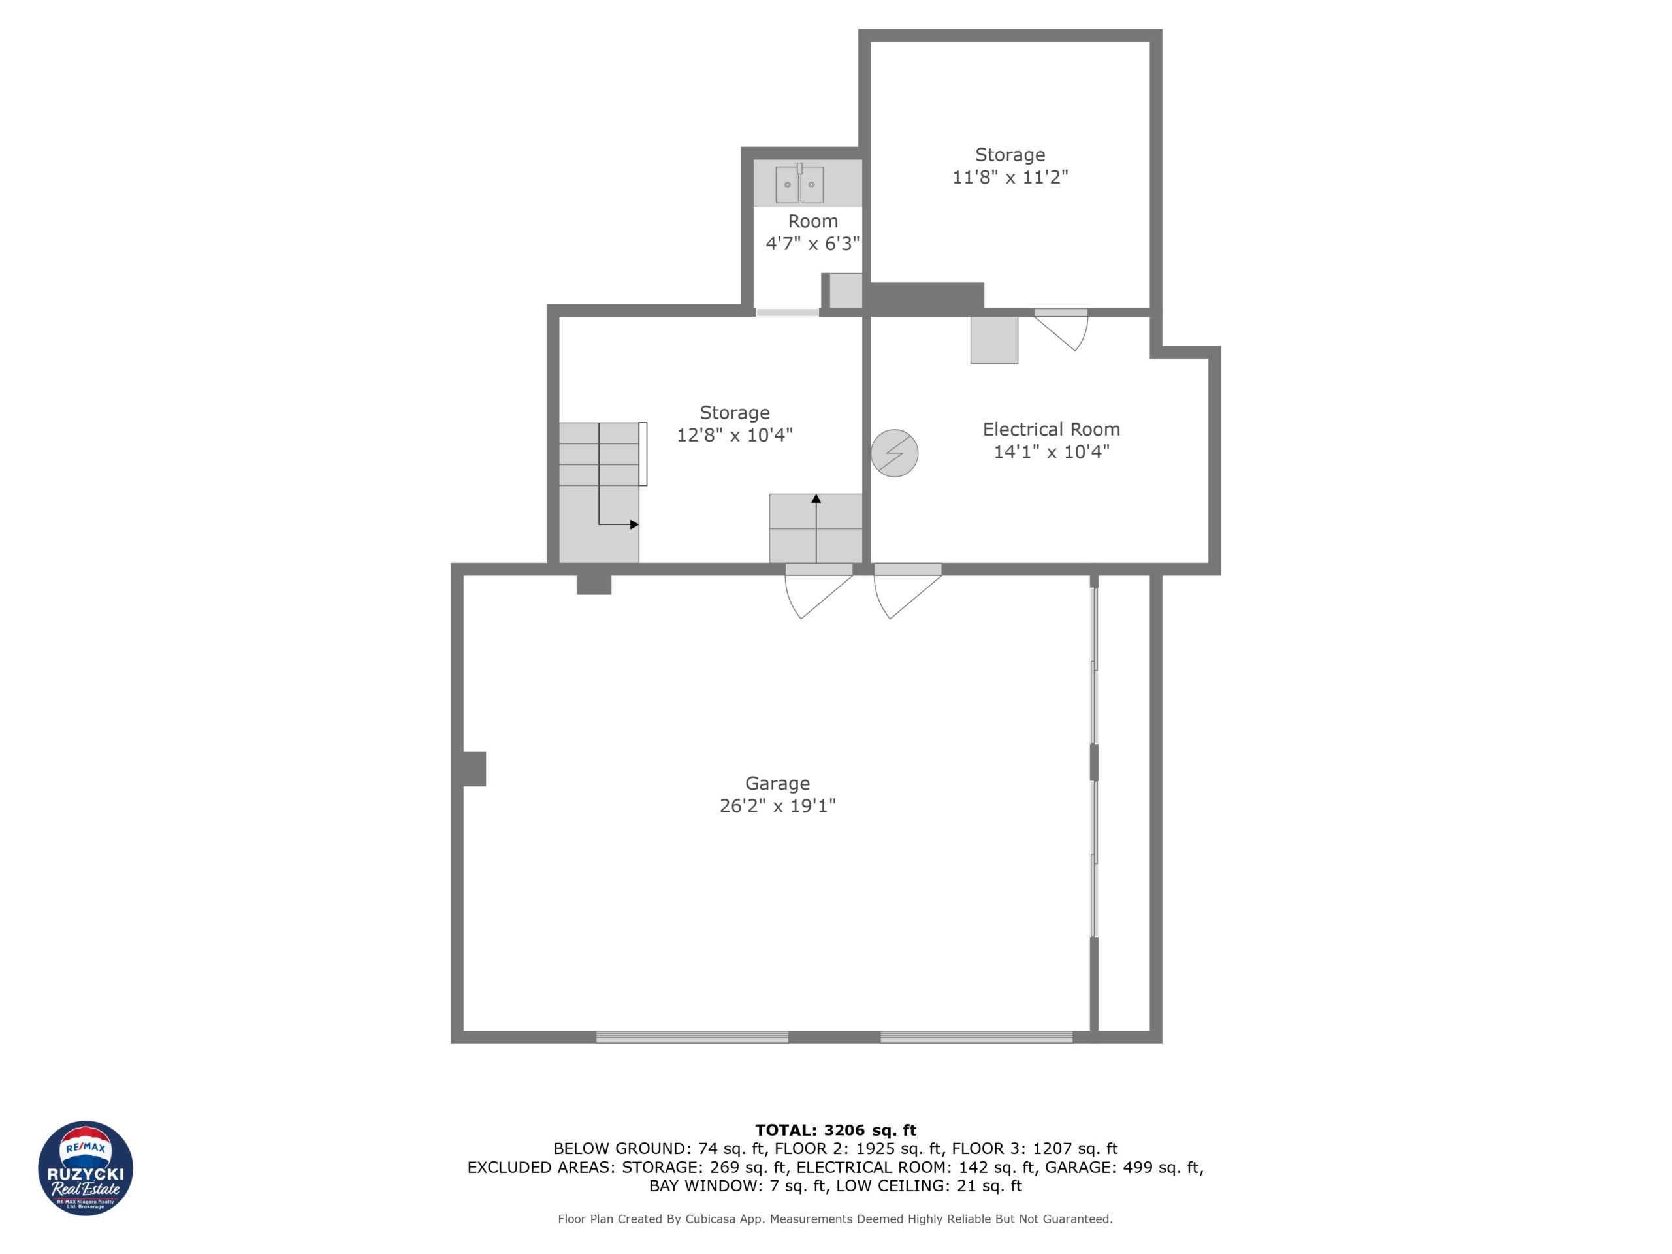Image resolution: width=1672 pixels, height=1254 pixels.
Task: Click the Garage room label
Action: pyautogui.click(x=777, y=783)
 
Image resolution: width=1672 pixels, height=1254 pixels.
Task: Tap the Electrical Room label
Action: pyautogui.click(x=1051, y=429)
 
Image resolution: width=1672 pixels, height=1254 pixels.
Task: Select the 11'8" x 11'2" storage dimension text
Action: pyautogui.click(x=1010, y=177)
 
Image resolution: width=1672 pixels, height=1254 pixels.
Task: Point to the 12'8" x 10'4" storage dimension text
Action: pyautogui.click(x=734, y=434)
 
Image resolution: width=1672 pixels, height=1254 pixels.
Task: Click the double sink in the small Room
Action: pyautogui.click(x=799, y=184)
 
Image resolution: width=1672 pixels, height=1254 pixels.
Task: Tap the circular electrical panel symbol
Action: pyautogui.click(x=894, y=453)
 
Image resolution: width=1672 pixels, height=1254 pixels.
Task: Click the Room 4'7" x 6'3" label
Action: pyautogui.click(x=812, y=232)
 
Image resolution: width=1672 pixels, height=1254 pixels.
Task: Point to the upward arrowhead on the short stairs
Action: pyautogui.click(x=816, y=499)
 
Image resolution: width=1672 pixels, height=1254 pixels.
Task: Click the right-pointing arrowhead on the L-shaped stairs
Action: pyautogui.click(x=634, y=524)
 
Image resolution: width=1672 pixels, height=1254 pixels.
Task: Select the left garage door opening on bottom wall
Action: pyautogui.click(x=692, y=1037)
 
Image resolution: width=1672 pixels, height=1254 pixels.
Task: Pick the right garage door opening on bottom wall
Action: pyautogui.click(x=976, y=1037)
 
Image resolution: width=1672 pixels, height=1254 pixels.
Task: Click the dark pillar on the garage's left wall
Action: pyautogui.click(x=472, y=769)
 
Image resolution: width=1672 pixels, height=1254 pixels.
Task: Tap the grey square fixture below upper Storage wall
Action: pyautogui.click(x=994, y=340)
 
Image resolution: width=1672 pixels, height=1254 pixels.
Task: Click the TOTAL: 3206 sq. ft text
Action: pyautogui.click(x=835, y=1130)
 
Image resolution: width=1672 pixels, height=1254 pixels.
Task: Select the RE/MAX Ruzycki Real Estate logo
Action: pyautogui.click(x=86, y=1168)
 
